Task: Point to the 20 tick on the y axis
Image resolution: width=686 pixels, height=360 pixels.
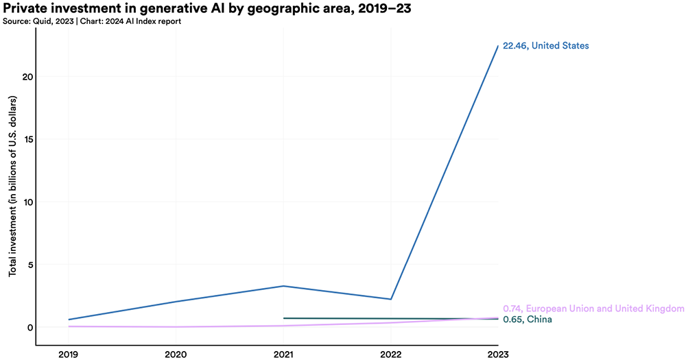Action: (25, 77)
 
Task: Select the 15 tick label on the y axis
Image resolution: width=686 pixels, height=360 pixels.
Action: (26, 139)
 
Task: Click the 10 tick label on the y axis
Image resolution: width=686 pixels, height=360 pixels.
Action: (26, 202)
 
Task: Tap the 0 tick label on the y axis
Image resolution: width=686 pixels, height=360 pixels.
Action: (29, 328)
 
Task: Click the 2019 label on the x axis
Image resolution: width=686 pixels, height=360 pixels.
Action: (69, 353)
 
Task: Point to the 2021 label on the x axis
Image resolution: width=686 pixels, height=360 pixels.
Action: (283, 353)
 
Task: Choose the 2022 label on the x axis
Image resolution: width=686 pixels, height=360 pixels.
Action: (391, 353)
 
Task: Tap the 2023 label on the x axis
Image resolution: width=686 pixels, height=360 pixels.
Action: (498, 353)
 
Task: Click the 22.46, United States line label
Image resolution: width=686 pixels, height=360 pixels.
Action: (545, 46)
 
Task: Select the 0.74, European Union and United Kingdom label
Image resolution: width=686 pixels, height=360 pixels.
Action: (593, 309)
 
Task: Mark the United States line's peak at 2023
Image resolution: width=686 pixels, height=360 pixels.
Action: (498, 46)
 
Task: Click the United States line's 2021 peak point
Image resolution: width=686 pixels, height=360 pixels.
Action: (283, 286)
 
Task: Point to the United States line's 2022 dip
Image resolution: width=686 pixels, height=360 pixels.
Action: (391, 299)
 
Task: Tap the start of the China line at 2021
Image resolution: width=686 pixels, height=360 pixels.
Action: (284, 318)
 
